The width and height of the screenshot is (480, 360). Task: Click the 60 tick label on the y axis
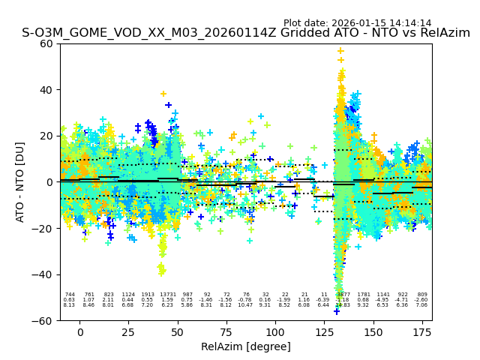(x=47, y=43)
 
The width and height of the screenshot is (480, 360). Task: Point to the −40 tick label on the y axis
(x=43, y=274)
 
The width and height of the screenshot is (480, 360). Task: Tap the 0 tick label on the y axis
(x=51, y=182)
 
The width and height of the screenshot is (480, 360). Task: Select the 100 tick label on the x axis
(x=275, y=332)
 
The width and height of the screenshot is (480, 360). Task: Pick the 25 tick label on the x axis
(x=128, y=332)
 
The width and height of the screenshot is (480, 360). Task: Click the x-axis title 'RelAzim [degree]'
(x=245, y=346)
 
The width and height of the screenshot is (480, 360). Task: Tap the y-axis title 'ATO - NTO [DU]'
(x=20, y=182)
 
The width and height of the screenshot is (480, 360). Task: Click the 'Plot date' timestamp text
(x=357, y=23)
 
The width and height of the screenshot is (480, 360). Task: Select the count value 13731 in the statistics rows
(x=167, y=295)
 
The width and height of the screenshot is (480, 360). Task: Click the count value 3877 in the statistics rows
(x=343, y=295)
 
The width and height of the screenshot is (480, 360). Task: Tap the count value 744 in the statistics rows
(x=70, y=295)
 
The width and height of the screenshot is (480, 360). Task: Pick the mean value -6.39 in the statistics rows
(x=323, y=300)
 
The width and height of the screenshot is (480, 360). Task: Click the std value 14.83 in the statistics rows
(x=343, y=305)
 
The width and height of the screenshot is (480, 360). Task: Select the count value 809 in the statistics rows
(x=422, y=295)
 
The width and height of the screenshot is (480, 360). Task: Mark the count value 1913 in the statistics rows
(x=148, y=295)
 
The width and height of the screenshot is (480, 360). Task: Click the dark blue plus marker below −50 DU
(x=337, y=311)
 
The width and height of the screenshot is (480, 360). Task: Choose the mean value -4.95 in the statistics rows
(x=383, y=300)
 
